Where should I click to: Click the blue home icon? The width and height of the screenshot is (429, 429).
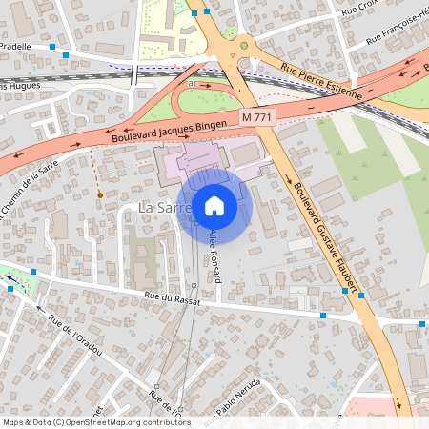pos(214,205)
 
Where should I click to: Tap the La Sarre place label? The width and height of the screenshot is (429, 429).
pos(158,207)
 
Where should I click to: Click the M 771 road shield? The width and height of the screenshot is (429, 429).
pos(255,116)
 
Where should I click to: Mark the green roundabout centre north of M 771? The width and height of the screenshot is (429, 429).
pos(244,44)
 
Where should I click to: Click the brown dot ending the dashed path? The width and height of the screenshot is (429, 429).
pos(100,194)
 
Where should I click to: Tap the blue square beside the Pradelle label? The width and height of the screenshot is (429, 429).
pos(65,56)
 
